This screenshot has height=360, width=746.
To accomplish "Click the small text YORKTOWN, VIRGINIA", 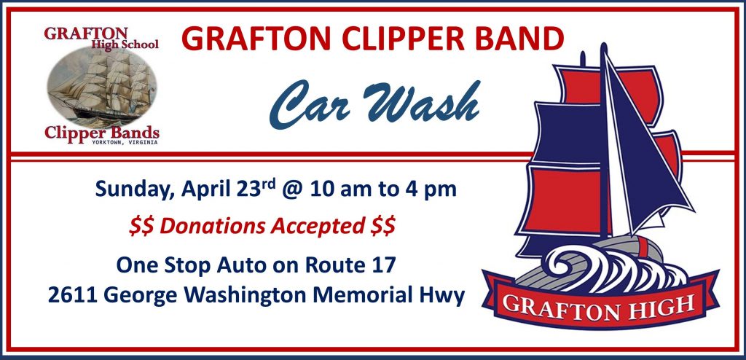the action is (x=125, y=142).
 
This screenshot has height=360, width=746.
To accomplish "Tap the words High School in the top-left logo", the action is (x=125, y=44).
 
